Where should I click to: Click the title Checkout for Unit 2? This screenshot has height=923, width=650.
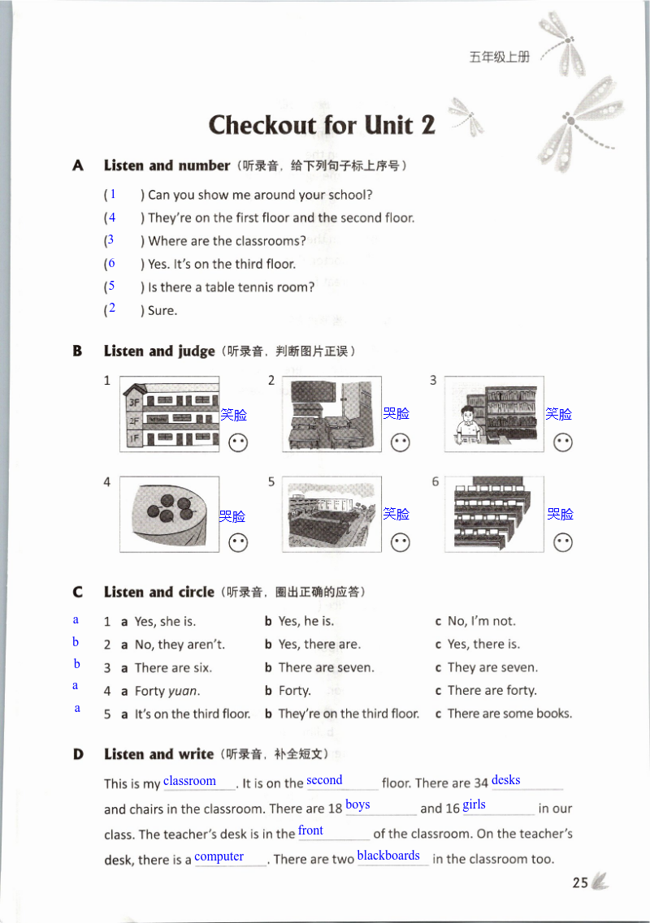pos(322,125)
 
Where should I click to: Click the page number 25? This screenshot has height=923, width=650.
pos(579,883)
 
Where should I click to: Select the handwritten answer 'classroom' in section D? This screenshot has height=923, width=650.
pos(189,781)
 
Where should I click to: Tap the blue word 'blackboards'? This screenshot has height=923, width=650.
pos(388,856)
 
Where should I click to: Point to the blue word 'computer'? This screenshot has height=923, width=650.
pos(219,856)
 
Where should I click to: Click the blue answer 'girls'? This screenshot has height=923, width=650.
pos(474,804)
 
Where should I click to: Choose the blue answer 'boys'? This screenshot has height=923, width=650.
pos(357,804)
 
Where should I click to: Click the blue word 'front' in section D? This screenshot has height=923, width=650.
pos(310,830)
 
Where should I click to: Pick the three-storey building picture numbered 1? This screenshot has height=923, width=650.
pos(169,414)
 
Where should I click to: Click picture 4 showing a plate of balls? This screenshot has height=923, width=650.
pos(169,515)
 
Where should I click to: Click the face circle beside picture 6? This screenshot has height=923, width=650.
pos(562,542)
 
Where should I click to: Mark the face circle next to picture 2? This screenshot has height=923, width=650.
pos(400,443)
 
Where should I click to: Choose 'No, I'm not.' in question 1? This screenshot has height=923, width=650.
pos(481,621)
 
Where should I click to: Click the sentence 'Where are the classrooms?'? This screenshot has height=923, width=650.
pos(227,241)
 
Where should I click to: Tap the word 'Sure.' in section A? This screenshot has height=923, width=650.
pos(162,310)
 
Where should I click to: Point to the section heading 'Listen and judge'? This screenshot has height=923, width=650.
pos(159,352)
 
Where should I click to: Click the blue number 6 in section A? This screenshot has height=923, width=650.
pos(111,263)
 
